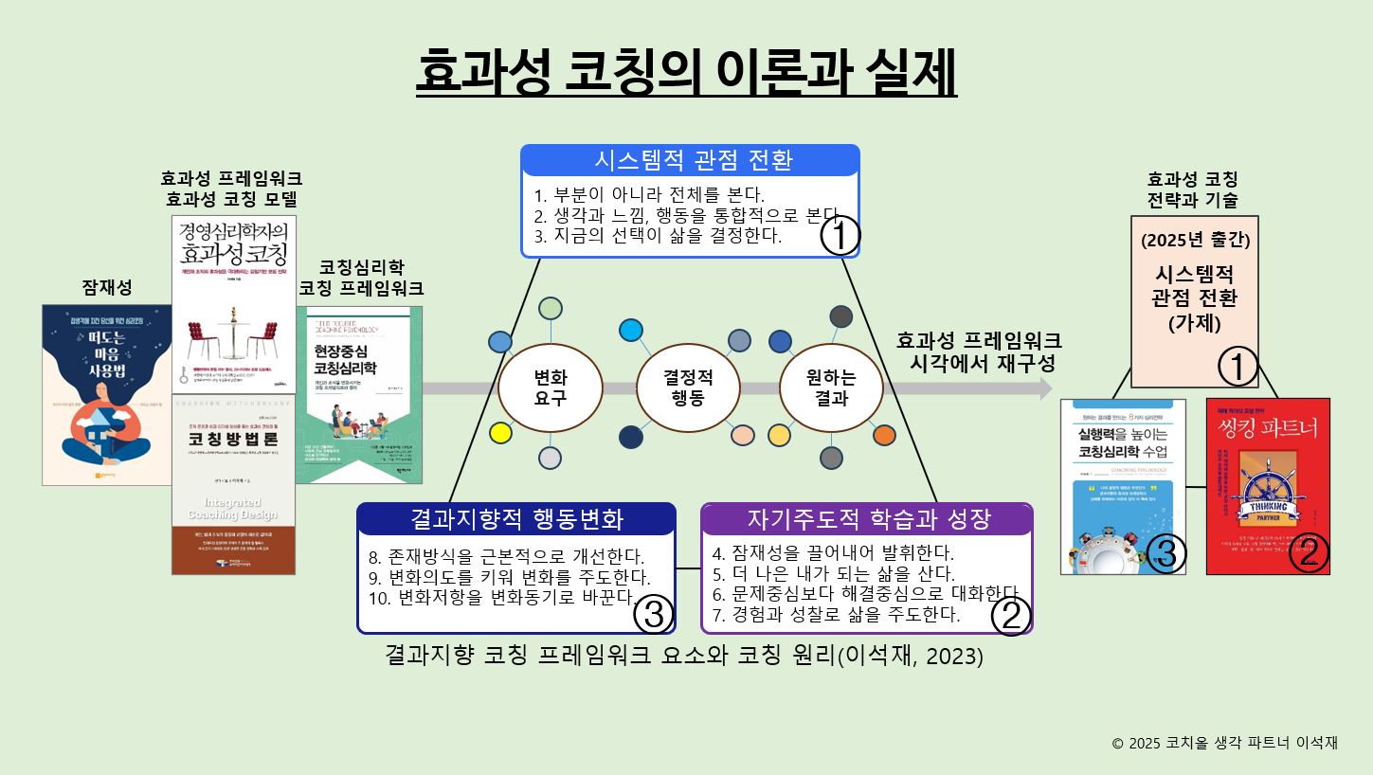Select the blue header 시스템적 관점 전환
coord(691,160)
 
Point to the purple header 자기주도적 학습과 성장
coord(867,519)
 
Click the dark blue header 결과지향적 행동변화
coord(516,519)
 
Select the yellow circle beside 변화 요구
coord(500,434)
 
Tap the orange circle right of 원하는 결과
coord(883,435)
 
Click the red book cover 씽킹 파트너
coord(1268,486)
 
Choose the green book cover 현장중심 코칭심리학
coord(359,394)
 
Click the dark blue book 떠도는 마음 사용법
coord(106,394)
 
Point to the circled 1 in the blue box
coord(840,236)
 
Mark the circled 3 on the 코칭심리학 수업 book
coord(1165,554)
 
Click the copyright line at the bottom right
coord(1224,743)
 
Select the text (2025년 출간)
coord(1195,240)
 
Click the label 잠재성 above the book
coord(106,287)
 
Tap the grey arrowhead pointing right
coord(1045,388)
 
